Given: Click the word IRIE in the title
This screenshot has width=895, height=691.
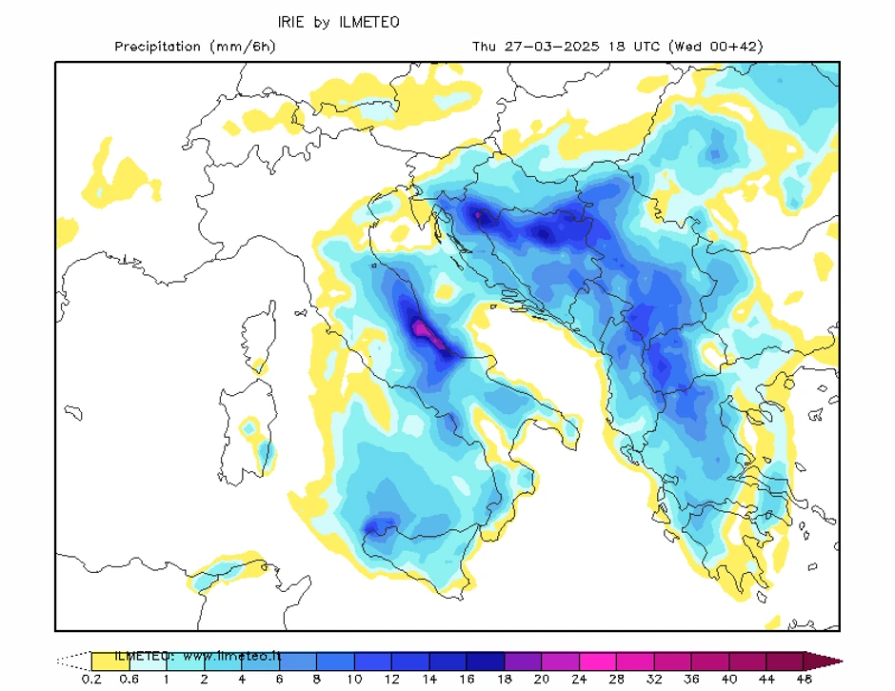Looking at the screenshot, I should (x=293, y=21).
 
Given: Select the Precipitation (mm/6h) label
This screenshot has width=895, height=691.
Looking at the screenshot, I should (x=194, y=47).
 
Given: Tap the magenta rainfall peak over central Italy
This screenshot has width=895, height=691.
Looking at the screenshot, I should (x=423, y=331).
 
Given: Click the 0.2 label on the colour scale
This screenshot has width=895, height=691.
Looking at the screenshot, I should (x=91, y=679).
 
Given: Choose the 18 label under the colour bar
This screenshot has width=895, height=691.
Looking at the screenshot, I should (x=505, y=679).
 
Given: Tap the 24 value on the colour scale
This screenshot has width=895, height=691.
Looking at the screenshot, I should (x=579, y=679).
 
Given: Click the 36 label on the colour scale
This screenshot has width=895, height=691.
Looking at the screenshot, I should (x=691, y=679).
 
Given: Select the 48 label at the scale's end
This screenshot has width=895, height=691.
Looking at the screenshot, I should (x=804, y=679).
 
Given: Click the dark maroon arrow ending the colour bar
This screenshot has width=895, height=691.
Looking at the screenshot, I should (x=823, y=661).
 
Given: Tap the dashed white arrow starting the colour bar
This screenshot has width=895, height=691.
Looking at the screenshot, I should (x=73, y=661).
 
